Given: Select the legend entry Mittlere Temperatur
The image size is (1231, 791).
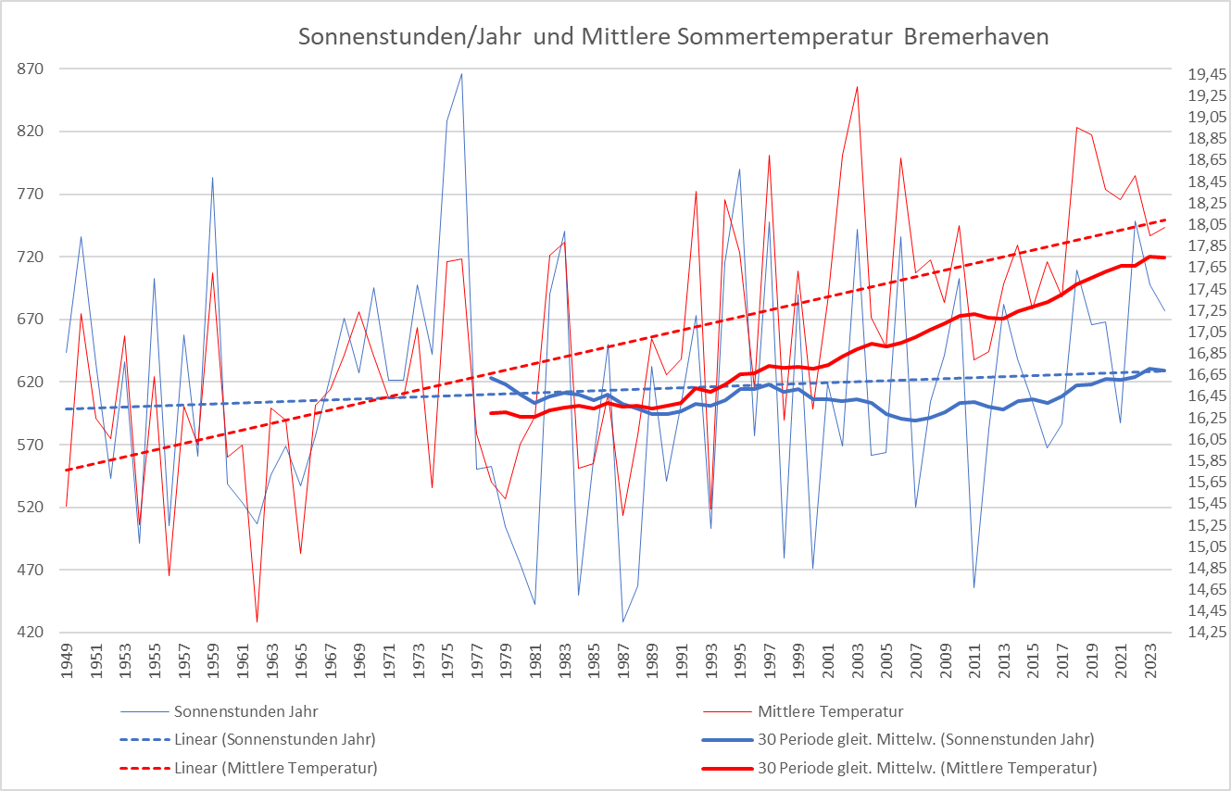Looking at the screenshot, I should (x=830, y=712).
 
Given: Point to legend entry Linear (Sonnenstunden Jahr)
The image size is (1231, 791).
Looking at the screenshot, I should (x=274, y=740).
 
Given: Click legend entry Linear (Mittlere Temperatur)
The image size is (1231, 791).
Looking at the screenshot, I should (x=275, y=768).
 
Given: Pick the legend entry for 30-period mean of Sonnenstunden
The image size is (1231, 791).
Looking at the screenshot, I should (x=925, y=740).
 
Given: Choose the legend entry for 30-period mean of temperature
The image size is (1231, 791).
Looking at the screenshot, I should (x=926, y=768).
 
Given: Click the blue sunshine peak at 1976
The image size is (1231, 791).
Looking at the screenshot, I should (x=461, y=74).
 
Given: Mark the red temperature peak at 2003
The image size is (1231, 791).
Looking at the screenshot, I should (x=857, y=87).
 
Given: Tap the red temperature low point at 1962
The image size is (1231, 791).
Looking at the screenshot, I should (x=257, y=621).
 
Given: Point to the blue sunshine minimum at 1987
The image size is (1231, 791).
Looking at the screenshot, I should (x=623, y=621).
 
